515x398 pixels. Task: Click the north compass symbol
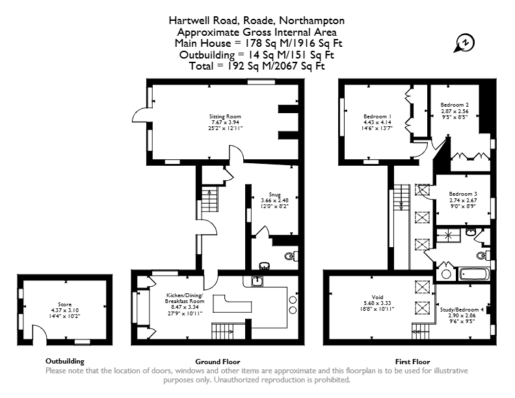pos(465,43)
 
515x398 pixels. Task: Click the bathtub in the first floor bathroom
pos(474,274)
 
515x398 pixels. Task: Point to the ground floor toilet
pos(291,256)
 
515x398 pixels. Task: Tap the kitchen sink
pos(257,282)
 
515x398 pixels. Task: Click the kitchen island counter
pos(232,304)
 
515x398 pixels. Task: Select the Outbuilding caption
pos(65,361)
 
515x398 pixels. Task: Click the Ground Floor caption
pos(218,362)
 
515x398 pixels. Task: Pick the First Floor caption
pos(412,362)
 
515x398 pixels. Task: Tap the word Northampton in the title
pos(311,20)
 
